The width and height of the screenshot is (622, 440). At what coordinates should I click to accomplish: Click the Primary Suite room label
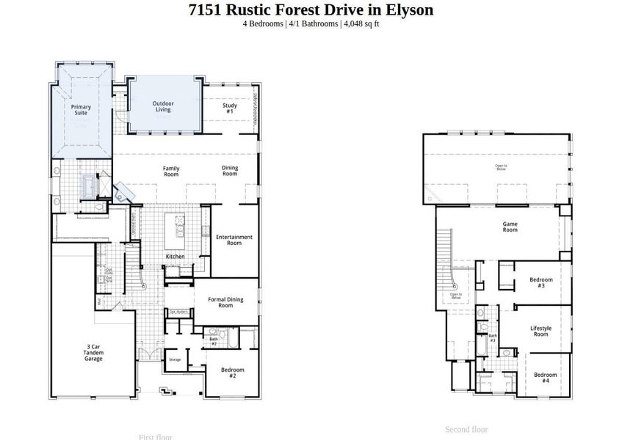pyautogui.click(x=81, y=110)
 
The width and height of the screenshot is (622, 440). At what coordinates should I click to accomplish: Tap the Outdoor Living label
pyautogui.click(x=163, y=106)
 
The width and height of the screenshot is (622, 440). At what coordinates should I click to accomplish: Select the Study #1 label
pyautogui.click(x=230, y=108)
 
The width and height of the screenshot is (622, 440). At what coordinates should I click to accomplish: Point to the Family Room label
pyautogui.click(x=171, y=171)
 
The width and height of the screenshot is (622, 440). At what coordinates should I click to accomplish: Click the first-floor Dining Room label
pyautogui.click(x=230, y=171)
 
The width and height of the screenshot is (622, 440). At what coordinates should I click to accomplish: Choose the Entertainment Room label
pyautogui.click(x=234, y=240)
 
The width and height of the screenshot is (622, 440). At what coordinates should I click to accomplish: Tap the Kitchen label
pyautogui.click(x=175, y=257)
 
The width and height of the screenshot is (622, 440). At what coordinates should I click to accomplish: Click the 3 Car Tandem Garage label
pyautogui.click(x=93, y=353)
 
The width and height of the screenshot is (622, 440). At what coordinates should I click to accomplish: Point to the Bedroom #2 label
pyautogui.click(x=233, y=372)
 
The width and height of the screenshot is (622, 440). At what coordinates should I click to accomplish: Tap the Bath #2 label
pyautogui.click(x=214, y=340)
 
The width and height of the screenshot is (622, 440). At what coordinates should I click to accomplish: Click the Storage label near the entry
pyautogui.click(x=174, y=360)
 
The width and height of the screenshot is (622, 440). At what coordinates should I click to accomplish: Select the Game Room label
pyautogui.click(x=510, y=227)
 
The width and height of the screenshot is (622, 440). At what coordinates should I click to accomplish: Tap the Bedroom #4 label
pyautogui.click(x=546, y=378)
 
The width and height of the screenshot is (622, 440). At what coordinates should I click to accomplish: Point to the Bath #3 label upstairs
pyautogui.click(x=493, y=339)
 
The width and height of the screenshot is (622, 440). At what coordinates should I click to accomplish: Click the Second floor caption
pyautogui.click(x=466, y=429)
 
